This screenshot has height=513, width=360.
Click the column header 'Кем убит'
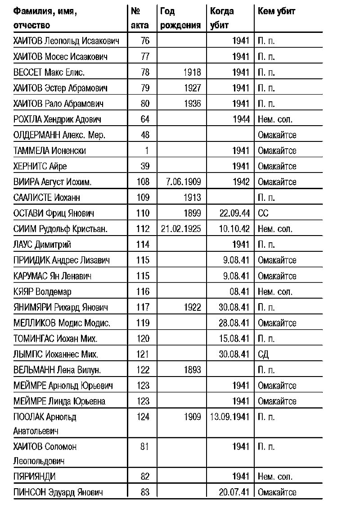(276, 11)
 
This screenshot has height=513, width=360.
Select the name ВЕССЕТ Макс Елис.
(49, 72)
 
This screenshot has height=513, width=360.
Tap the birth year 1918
(192, 72)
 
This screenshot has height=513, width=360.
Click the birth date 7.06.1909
(181, 182)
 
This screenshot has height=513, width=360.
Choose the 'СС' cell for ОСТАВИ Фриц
(263, 213)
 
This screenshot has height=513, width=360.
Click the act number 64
(144, 119)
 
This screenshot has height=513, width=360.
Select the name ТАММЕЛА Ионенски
(49, 150)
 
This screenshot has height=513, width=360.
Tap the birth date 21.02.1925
(181, 229)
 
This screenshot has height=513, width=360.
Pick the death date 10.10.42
(234, 229)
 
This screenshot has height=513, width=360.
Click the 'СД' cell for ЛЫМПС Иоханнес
(263, 354)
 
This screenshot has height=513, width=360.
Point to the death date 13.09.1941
(229, 417)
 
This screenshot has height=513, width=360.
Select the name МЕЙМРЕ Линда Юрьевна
(59, 401)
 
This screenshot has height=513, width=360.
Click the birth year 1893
(192, 370)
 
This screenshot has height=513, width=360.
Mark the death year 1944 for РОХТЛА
(240, 119)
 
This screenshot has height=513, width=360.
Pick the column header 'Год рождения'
(180, 18)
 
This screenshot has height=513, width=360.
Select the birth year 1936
(192, 104)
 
